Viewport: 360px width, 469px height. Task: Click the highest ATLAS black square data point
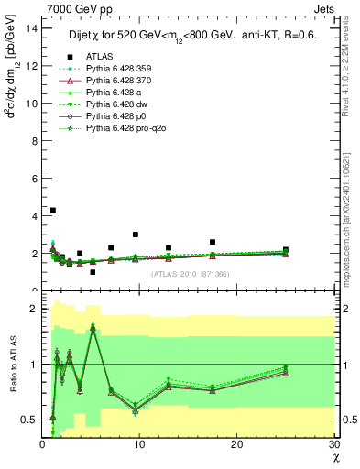tap(52, 210)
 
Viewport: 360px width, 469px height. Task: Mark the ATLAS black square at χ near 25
tap(286, 249)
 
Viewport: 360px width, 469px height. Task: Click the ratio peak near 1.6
tap(93, 327)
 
